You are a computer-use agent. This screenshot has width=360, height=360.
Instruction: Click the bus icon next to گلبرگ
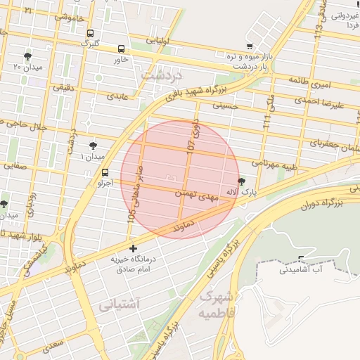click(90, 33)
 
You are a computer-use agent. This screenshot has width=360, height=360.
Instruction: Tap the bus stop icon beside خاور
click(122, 49)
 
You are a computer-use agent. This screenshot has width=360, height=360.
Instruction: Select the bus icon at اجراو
click(105, 172)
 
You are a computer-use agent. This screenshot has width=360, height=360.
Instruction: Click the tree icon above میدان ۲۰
click(27, 56)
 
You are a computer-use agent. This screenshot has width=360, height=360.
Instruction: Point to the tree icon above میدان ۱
click(93, 146)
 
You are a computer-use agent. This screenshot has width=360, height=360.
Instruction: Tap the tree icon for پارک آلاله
click(242, 181)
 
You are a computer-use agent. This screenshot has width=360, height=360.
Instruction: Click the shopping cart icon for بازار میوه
click(250, 46)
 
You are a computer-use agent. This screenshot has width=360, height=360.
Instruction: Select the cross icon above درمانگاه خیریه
click(134, 249)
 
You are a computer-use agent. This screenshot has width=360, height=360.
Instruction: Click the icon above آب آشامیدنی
click(302, 258)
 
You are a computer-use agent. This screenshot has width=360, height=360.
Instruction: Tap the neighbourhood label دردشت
click(161, 74)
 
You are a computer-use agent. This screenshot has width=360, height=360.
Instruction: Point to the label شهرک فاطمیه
click(219, 304)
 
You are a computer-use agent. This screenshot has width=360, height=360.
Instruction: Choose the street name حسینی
click(225, 107)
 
